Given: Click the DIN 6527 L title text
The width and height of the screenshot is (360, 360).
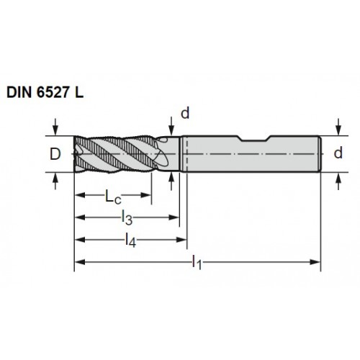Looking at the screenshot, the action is click(45, 92).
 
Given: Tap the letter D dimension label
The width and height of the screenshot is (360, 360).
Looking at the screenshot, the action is click(55, 154).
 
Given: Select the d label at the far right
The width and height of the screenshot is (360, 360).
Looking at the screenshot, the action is click(338, 153).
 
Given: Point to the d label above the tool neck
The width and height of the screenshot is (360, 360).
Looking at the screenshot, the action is click(185, 113).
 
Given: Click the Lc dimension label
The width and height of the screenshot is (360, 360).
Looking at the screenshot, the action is click(113, 197).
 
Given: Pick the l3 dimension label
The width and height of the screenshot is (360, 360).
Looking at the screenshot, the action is click(127, 218).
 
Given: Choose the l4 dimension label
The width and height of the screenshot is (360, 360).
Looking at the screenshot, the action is click(131, 240).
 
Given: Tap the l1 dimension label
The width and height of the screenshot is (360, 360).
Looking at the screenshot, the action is click(197, 262).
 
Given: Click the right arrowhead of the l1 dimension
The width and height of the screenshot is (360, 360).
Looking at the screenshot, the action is click(315, 262).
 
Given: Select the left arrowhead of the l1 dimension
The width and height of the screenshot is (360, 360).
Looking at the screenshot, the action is click(80, 262).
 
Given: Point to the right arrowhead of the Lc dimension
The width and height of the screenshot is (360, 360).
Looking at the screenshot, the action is click(146, 195).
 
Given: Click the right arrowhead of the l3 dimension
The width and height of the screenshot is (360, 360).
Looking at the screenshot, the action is click(174, 217).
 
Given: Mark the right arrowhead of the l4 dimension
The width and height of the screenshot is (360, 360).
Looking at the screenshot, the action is click(181, 240).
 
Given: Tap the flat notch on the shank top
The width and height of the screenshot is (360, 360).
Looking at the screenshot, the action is click(255, 140).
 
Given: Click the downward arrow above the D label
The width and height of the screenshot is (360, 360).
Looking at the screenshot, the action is click(55, 127).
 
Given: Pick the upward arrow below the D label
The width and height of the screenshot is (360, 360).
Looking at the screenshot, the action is click(55, 181).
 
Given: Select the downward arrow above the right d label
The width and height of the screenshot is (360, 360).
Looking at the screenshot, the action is click(338, 127).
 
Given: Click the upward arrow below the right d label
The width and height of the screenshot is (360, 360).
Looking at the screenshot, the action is click(338, 181).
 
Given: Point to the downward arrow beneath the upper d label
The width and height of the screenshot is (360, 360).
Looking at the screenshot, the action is click(171, 126).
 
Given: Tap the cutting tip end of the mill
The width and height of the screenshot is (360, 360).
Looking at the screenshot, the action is click(75, 154).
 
